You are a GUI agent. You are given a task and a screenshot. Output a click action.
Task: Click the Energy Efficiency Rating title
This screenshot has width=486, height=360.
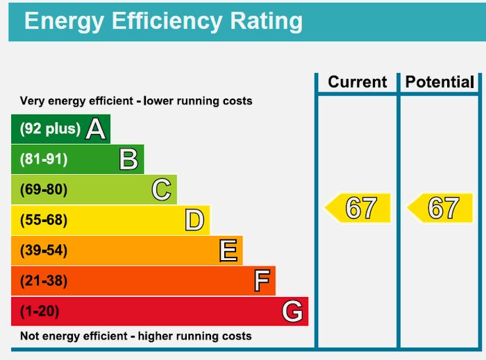163,21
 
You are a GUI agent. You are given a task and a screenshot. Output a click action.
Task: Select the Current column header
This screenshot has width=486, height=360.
357,82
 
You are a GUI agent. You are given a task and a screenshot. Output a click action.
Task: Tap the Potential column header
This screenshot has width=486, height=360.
439,82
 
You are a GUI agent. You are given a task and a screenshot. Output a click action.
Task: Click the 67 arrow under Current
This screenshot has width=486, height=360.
358,208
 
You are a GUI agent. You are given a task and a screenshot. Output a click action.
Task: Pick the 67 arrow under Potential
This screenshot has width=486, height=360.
440,208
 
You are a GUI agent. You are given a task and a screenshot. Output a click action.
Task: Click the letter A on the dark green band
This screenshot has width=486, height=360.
95,129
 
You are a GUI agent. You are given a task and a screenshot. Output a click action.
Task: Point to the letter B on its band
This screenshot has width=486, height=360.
128,160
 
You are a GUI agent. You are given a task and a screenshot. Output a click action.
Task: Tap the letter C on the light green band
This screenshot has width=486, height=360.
161,190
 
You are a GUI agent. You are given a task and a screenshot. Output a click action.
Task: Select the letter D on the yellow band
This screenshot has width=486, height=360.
194,221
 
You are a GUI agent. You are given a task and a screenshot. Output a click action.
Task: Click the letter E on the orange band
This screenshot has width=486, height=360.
228,250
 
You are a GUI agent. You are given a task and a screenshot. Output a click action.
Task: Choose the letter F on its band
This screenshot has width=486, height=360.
261,281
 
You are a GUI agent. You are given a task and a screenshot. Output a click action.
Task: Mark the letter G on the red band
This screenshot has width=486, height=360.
292,311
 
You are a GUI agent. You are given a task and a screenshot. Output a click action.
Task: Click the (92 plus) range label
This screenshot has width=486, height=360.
50,129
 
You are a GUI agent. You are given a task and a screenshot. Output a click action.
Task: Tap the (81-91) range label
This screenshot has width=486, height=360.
44,160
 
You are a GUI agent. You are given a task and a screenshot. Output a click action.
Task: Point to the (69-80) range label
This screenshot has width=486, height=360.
44,190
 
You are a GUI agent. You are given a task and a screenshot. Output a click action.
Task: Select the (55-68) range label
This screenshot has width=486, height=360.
44,221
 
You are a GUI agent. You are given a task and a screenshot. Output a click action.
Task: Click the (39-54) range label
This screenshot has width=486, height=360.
44,250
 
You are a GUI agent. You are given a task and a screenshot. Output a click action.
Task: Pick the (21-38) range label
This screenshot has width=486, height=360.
44,281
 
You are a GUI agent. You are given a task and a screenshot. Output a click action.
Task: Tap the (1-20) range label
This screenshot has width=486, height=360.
40,311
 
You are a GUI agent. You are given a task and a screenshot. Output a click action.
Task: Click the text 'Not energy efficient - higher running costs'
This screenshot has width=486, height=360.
135,336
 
